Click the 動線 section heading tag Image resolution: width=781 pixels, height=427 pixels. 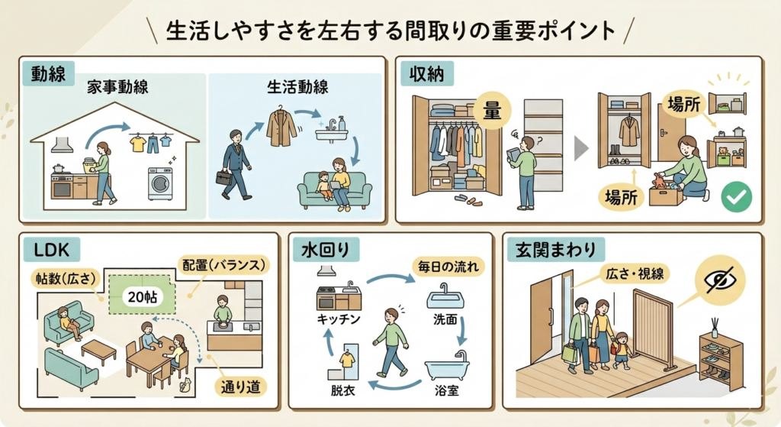[x=48, y=74]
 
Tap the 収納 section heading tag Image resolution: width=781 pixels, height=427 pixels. [x=426, y=74]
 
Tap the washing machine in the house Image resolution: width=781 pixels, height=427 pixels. [x=160, y=183]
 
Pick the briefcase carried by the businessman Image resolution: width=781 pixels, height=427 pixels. [x=224, y=177]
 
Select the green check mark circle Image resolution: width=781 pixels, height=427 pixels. [x=737, y=197]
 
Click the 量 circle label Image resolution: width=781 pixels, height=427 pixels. [x=492, y=111]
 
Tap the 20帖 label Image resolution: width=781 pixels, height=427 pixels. [x=142, y=297]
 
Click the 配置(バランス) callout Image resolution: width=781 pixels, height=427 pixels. [x=223, y=265]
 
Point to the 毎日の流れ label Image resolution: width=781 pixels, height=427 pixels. [x=448, y=267]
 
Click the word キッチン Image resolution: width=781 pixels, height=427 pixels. [x=338, y=319]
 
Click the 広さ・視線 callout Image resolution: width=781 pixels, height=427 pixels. [x=634, y=273]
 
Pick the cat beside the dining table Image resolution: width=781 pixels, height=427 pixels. [x=186, y=386]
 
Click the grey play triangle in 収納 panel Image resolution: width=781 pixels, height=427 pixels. [x=580, y=149]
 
